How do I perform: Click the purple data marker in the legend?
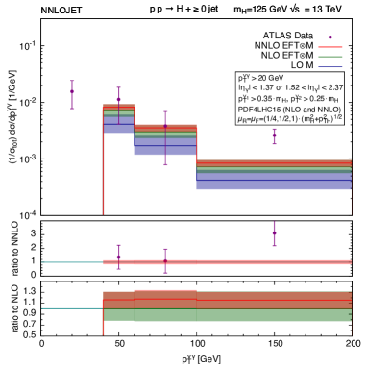330,37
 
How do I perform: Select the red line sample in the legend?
330,47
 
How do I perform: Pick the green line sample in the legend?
330,57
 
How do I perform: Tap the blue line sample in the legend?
330,67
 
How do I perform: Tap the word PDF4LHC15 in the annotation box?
258,109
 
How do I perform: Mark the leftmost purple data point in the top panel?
72,94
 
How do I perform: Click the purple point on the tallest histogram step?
119,98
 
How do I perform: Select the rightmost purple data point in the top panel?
275,135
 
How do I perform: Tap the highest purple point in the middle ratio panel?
275,232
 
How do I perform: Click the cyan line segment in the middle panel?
72,261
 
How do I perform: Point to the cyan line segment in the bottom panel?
71,308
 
